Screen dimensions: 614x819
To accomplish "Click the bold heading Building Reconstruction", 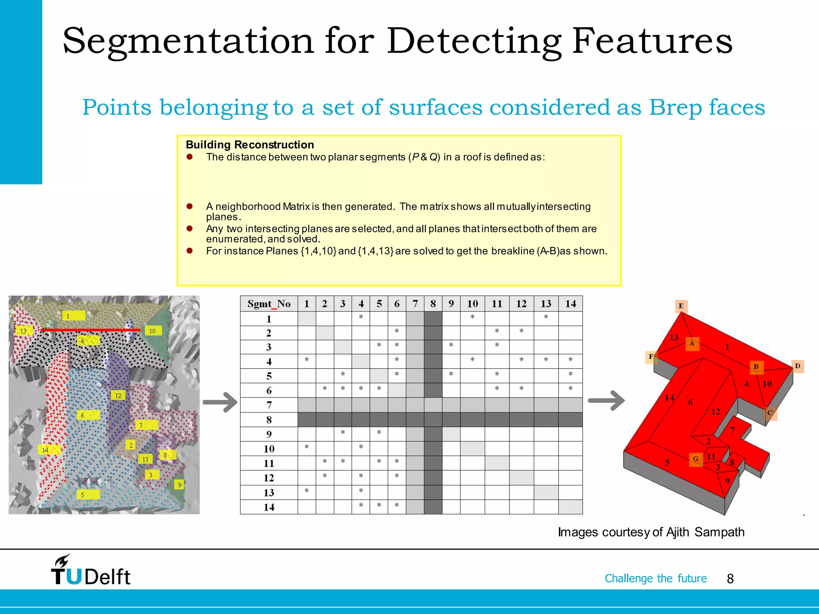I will click(250, 145).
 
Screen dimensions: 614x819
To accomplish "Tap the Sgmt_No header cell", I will click(269, 304).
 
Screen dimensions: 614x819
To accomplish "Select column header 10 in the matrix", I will click(472, 304).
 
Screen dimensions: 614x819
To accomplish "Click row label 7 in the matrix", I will click(269, 405).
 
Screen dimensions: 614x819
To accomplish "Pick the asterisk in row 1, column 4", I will click(361, 317).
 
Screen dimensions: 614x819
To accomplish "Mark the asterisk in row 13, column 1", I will click(306, 491).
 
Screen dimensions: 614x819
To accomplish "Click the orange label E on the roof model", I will click(681, 306).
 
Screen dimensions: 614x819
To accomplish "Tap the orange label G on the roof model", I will click(696, 459).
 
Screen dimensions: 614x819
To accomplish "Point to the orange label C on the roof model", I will click(770, 413).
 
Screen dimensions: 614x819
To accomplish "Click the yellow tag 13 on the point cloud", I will click(24, 331).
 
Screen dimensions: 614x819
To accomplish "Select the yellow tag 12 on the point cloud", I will click(118, 396).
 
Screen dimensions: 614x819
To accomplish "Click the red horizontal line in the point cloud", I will click(90, 330).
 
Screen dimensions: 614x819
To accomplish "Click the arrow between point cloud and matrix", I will click(220, 402).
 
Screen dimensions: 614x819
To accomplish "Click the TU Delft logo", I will click(90, 571).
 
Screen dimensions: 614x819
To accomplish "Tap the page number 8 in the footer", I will click(730, 579).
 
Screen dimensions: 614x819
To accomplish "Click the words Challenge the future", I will click(655, 578).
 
